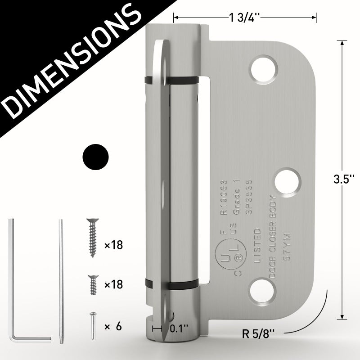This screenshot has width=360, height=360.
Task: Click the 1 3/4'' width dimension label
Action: (x=244, y=18)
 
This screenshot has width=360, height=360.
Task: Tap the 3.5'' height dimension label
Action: (x=344, y=179)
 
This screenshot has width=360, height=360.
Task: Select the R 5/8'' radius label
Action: (x=258, y=333)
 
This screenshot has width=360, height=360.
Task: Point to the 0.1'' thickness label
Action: (x=179, y=328)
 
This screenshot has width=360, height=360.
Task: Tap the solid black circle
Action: (x=95, y=157)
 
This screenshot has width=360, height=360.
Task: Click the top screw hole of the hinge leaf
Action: (x=264, y=69)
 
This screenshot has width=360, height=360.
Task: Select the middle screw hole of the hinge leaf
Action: (x=288, y=182)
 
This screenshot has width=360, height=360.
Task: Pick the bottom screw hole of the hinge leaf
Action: (x=262, y=292)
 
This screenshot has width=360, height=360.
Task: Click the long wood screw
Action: (x=93, y=238)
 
